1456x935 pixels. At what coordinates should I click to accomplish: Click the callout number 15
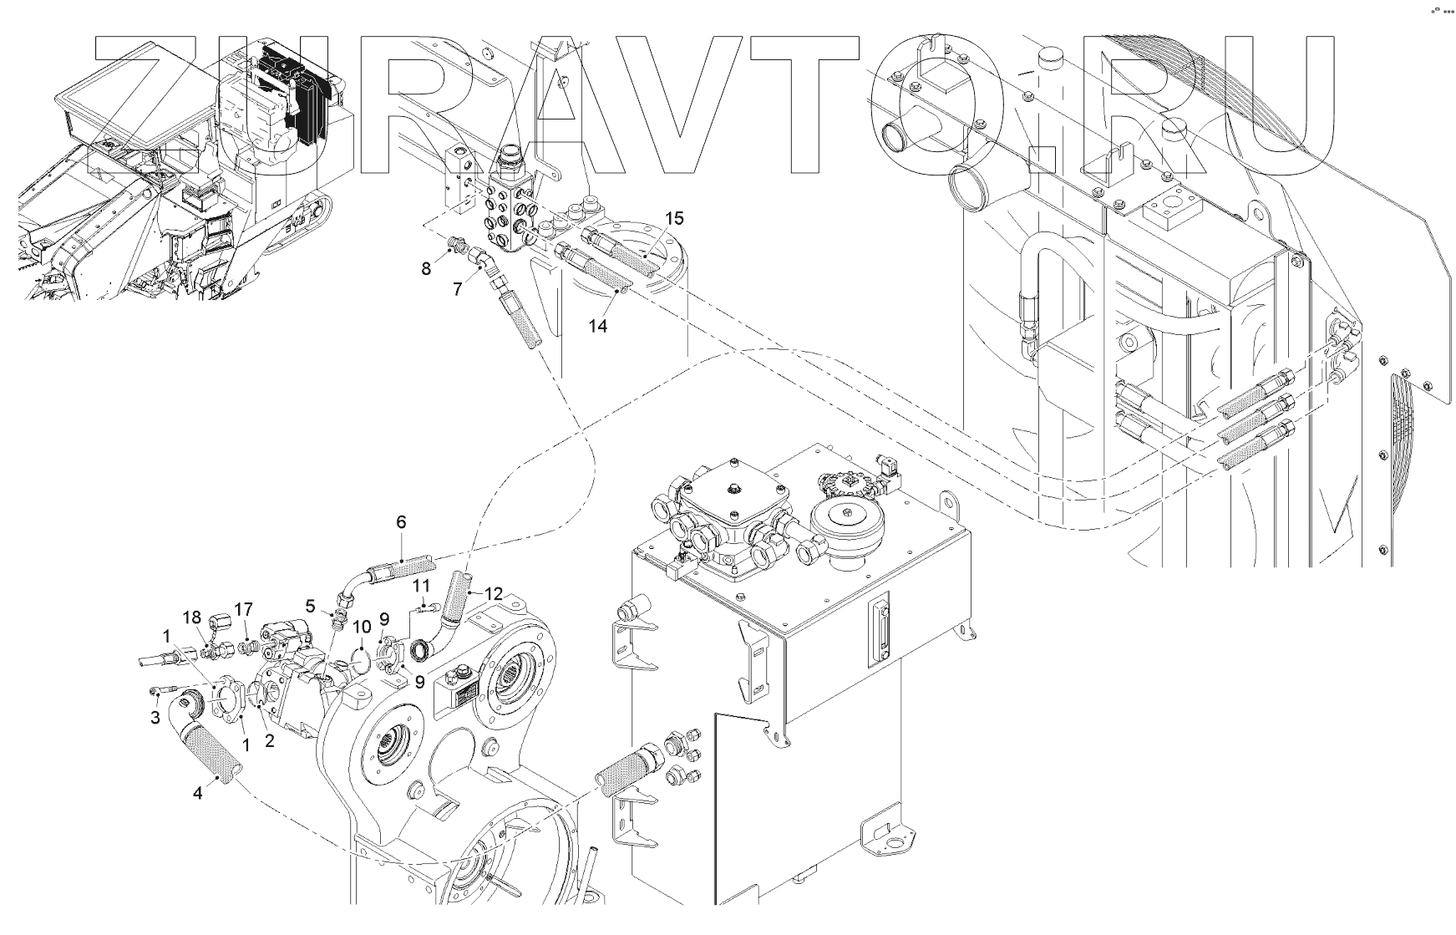pyautogui.click(x=673, y=218)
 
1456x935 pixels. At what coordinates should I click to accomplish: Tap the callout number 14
pyautogui.click(x=597, y=326)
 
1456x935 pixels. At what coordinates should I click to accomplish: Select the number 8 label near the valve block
pyautogui.click(x=426, y=269)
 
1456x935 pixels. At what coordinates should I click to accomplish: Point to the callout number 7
pyautogui.click(x=457, y=290)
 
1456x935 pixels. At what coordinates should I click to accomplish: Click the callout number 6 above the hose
pyautogui.click(x=401, y=522)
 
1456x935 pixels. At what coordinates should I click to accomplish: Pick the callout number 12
pyautogui.click(x=494, y=594)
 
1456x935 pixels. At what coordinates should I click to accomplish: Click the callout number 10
pyautogui.click(x=361, y=627)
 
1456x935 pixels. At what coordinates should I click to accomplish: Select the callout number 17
pyautogui.click(x=243, y=610)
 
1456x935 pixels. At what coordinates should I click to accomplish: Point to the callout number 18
pyautogui.click(x=192, y=617)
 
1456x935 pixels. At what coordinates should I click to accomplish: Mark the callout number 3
pyautogui.click(x=155, y=717)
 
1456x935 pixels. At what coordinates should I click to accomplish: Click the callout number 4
pyautogui.click(x=198, y=793)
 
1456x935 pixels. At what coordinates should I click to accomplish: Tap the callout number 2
pyautogui.click(x=269, y=740)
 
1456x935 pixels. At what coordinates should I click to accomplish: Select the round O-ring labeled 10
pyautogui.click(x=361, y=658)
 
